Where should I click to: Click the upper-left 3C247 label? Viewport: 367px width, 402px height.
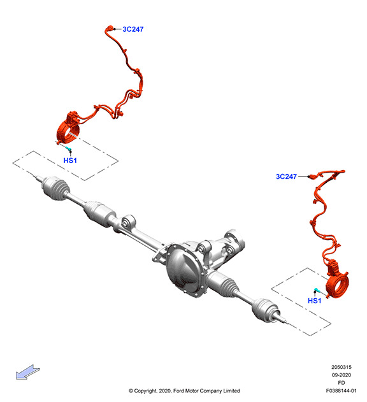pyautogui.click(x=133, y=29)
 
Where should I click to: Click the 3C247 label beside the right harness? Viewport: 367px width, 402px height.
pyautogui.click(x=286, y=176)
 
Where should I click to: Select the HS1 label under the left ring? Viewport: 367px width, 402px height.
pyautogui.click(x=70, y=161)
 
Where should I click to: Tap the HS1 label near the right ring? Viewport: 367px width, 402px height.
pyautogui.click(x=314, y=301)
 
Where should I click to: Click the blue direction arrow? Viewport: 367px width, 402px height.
pyautogui.click(x=27, y=372)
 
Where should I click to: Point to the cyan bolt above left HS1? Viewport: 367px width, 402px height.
pyautogui.click(x=68, y=148)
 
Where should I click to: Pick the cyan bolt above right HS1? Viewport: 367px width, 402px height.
pyautogui.click(x=317, y=291)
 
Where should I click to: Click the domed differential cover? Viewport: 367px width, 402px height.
pyautogui.click(x=183, y=271)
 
